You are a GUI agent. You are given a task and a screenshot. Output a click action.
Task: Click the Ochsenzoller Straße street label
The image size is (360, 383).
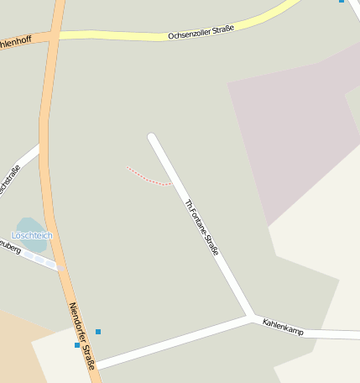click(201, 32)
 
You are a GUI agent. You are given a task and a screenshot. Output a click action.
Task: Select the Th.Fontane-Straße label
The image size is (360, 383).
click(201, 227)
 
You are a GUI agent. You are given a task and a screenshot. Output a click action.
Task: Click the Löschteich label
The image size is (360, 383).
click(32, 236)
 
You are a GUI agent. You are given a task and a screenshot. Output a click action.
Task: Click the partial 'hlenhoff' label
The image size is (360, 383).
click(15, 41)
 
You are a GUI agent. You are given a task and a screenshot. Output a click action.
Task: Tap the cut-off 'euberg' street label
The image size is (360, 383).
click(8, 247)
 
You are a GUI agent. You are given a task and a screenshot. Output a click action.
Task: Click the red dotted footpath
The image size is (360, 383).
click(148, 177)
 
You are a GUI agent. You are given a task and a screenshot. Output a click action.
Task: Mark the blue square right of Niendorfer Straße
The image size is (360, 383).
click(98, 332)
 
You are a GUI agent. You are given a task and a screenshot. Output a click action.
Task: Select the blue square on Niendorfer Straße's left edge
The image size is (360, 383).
click(77, 344)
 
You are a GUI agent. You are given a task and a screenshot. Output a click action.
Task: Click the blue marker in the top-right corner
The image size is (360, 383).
click(342, 1)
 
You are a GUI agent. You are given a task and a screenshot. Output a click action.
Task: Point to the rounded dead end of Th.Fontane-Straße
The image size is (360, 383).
click(152, 137)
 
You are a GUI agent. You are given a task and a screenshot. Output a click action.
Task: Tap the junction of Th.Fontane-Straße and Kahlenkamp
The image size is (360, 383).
click(252, 317)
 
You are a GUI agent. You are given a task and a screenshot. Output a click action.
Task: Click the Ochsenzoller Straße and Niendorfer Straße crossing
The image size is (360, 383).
click(54, 36)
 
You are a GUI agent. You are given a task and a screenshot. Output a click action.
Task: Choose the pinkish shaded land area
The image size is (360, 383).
click(294, 126)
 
